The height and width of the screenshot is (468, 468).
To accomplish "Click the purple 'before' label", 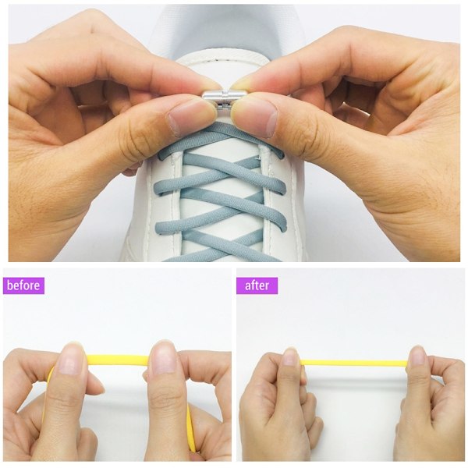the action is pyautogui.click(x=23, y=285).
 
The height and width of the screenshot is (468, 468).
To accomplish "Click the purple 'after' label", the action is pyautogui.click(x=257, y=285).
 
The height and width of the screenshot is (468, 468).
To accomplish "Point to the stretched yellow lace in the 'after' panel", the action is pyautogui.click(x=354, y=363).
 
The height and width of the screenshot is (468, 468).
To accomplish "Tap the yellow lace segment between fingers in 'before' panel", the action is pyautogui.click(x=117, y=360).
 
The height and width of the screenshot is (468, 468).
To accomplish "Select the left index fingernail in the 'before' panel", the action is pyautogui.click(x=71, y=360).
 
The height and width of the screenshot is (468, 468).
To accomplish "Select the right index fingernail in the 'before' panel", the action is pyautogui.click(x=164, y=358).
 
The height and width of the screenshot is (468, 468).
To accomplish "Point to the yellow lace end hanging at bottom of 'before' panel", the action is pyautogui.click(x=191, y=430).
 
